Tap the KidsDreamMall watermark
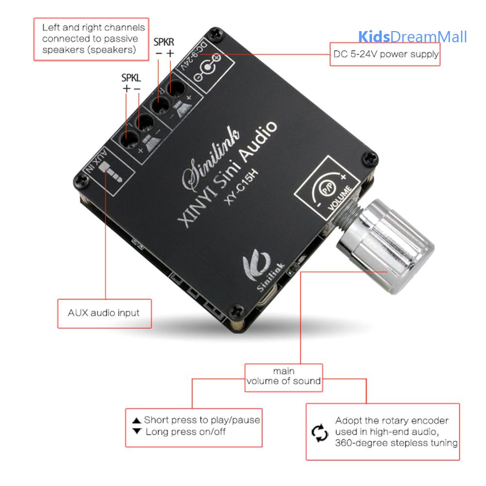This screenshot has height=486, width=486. pos(412,37)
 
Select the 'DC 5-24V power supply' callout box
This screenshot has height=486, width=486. pos(385,54)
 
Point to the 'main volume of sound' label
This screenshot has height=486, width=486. pos(284,376)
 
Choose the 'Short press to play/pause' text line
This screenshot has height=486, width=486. pos(196,420)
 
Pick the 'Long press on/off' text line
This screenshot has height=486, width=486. pos(180,431)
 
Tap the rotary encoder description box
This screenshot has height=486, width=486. pos(382,431)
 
